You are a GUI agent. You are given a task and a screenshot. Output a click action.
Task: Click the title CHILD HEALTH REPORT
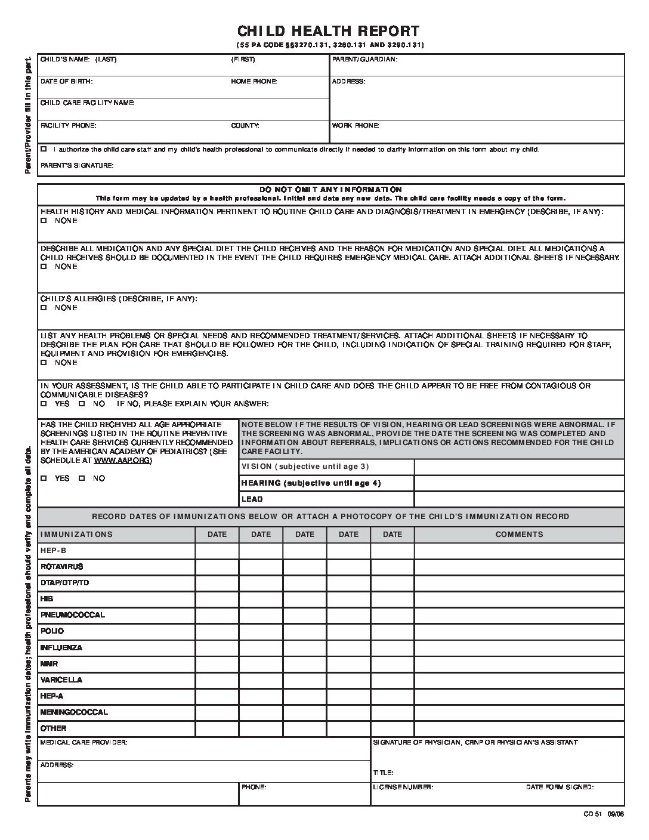(328, 31)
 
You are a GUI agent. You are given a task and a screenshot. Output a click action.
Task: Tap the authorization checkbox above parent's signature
(44, 149)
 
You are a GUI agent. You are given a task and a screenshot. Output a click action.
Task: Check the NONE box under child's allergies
(44, 308)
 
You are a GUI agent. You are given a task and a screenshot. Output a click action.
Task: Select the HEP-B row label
(54, 551)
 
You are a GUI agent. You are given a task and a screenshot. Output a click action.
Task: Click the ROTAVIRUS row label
(62, 566)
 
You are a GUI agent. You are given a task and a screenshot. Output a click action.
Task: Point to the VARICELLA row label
(61, 680)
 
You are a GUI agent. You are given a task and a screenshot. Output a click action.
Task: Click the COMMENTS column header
(519, 535)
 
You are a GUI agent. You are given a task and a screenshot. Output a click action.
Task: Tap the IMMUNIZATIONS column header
(76, 535)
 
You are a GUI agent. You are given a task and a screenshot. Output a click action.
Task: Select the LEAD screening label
(252, 499)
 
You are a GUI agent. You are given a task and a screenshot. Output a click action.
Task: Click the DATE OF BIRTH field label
(66, 81)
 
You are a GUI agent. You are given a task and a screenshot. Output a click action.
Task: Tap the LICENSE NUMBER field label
(403, 787)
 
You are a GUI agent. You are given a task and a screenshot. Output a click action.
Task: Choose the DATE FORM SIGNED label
(560, 787)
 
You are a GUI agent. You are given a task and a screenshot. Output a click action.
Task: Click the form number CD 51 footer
(604, 815)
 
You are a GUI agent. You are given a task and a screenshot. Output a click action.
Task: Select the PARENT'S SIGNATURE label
(77, 165)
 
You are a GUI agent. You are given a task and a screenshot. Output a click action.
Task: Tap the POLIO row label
(52, 631)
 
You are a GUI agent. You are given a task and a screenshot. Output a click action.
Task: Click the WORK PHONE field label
(356, 126)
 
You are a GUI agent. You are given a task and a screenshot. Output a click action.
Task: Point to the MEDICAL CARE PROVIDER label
(84, 743)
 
